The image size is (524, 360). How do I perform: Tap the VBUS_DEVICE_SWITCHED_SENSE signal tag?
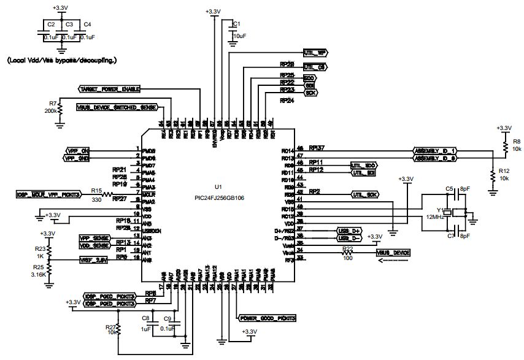(x=116, y=107)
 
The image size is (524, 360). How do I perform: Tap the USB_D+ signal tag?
(x=349, y=231)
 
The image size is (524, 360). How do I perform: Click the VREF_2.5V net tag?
(x=94, y=260)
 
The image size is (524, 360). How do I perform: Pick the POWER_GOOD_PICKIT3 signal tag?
(x=266, y=318)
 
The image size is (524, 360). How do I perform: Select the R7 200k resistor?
(x=60, y=108)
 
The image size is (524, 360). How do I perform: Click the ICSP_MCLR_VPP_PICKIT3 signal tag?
(x=49, y=195)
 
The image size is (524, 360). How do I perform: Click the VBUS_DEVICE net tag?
(x=393, y=253)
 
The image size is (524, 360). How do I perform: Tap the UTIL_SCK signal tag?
(x=364, y=194)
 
